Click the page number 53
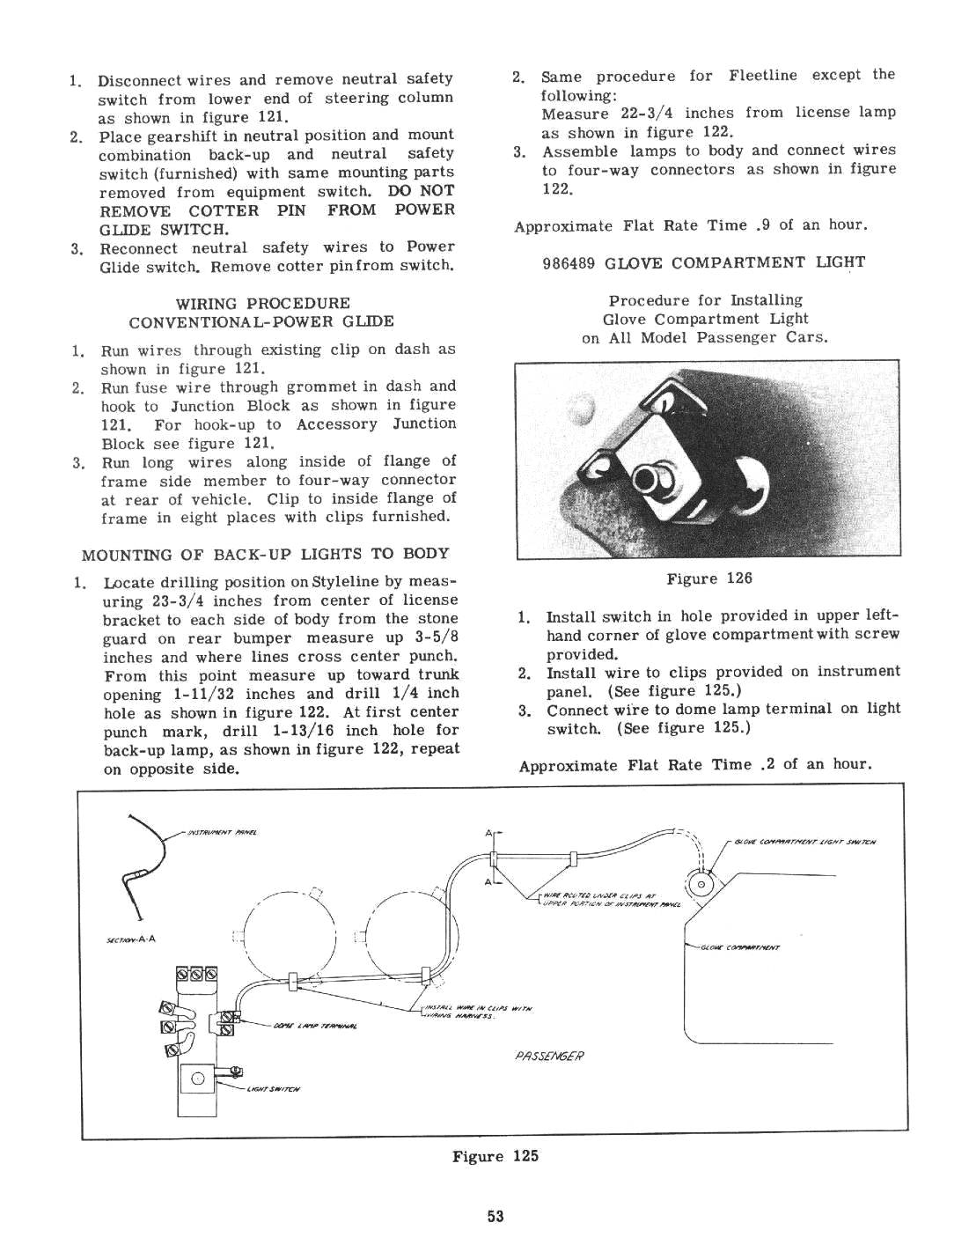coord(496,1217)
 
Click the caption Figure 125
coord(495,1156)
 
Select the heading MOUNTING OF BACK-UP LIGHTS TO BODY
coord(265,554)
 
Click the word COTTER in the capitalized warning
coord(224,210)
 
